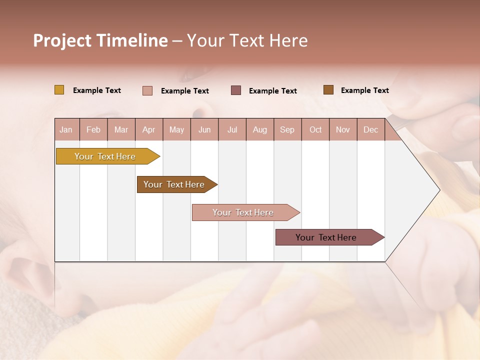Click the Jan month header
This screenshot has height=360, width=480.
66,129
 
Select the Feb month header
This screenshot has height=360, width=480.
93,129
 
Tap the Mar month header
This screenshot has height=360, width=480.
121,129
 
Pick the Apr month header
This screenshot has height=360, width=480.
149,129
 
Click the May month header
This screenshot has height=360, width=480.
176,129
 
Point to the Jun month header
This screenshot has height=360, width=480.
204,129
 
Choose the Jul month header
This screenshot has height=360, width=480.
232,129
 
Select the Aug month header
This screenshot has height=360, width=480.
260,129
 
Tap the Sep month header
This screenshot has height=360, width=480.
287,129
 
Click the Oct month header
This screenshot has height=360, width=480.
315,129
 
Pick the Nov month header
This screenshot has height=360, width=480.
343,129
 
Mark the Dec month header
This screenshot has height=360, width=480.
371,129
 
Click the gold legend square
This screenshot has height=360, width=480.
59,90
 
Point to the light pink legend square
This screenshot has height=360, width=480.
147,90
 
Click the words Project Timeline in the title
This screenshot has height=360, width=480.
100,40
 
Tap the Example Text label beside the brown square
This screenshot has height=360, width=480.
364,90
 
